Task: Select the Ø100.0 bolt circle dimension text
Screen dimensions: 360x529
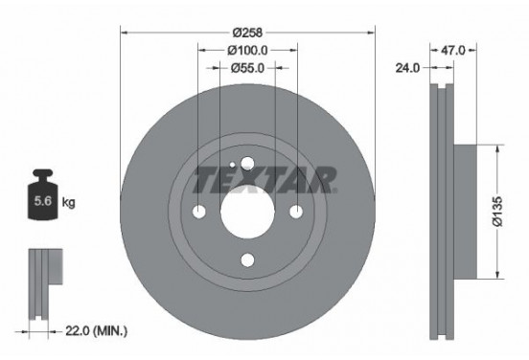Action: click(x=247, y=50)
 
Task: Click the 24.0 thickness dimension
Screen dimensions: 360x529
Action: click(x=408, y=68)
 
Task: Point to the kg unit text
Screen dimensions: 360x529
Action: click(x=68, y=203)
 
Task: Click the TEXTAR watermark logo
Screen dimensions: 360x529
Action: click(x=264, y=179)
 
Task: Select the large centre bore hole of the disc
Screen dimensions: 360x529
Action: click(x=247, y=210)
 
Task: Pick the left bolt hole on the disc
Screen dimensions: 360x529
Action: click(x=199, y=211)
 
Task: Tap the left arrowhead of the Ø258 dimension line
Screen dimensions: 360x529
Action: click(x=125, y=32)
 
